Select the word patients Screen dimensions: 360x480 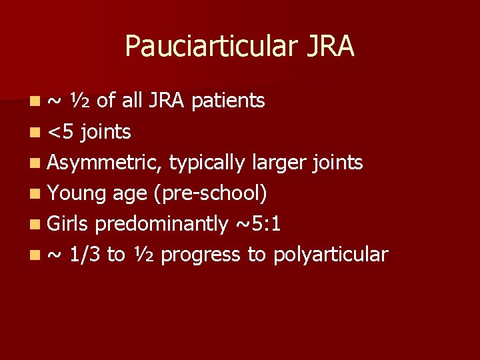coord(229,101)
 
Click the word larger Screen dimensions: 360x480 coord(278,163)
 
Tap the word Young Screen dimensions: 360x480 coord(77,193)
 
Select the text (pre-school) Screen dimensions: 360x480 coord(211,193)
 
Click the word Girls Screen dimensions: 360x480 coord(69,224)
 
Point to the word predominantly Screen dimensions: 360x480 coord(162,224)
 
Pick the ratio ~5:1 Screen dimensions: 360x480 coord(258,224)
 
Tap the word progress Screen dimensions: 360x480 coord(201,255)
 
